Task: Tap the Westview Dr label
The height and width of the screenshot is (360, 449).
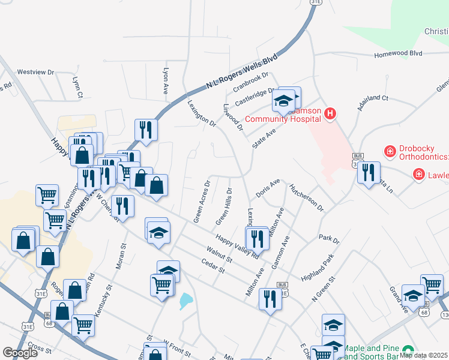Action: (35, 72)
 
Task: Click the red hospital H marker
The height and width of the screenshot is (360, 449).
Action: (330, 113)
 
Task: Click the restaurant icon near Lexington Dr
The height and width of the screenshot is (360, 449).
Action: (257, 238)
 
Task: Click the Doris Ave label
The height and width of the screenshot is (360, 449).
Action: (268, 188)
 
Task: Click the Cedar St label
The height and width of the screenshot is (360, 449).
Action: (212, 267)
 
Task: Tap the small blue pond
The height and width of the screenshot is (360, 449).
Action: (185, 301)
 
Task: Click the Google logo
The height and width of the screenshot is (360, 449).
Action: (20, 352)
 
